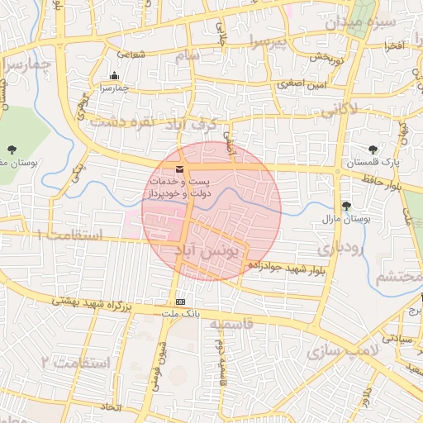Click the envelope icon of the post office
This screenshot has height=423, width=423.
click(x=180, y=169)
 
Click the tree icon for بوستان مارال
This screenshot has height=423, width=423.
click(x=345, y=206)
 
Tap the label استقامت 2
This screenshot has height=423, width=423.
click(x=74, y=362)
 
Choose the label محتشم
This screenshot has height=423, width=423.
click(x=397, y=277)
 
